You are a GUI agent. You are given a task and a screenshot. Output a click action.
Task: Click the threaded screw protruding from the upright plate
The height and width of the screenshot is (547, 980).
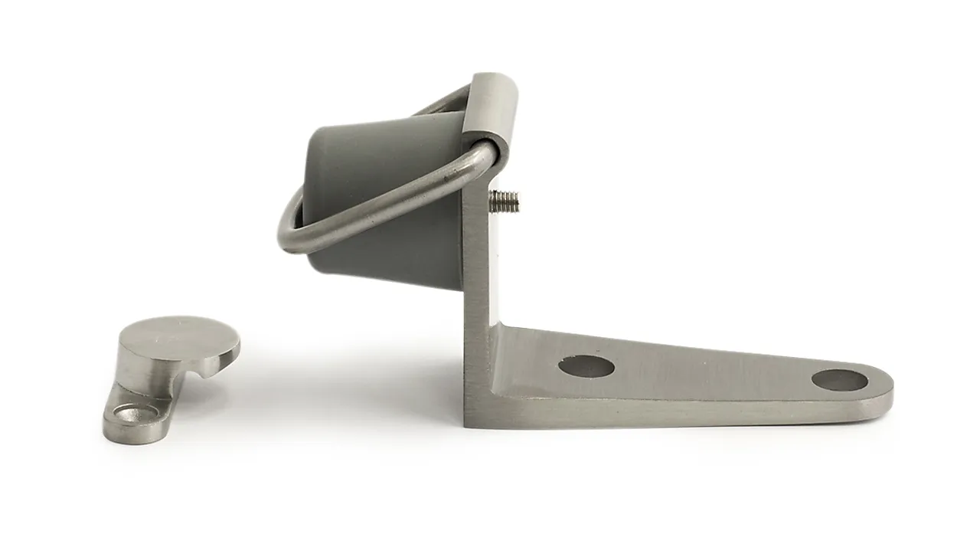[505, 201]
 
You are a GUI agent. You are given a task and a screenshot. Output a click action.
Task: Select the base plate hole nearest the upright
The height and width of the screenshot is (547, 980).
[586, 366]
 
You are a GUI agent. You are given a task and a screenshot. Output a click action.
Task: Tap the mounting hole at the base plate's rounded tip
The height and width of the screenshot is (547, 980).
[839, 380]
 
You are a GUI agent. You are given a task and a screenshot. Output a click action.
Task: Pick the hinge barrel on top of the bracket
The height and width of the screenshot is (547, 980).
[493, 111]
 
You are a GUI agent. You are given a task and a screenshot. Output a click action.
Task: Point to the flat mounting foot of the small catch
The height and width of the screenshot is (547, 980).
[134, 418]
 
